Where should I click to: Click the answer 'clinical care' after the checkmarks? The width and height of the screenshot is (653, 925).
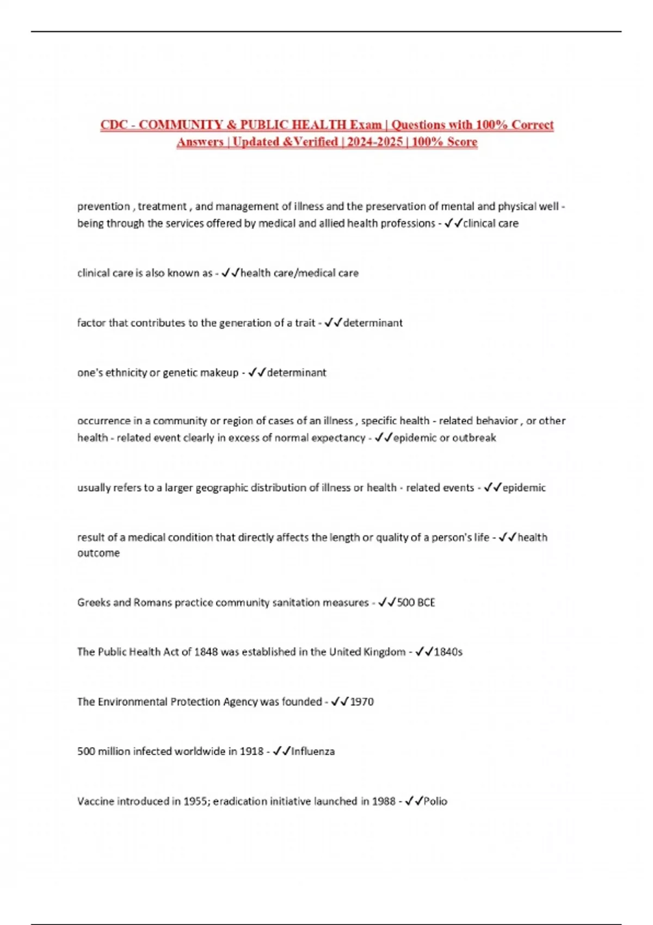(491, 223)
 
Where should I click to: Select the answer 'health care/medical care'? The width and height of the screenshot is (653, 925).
(299, 273)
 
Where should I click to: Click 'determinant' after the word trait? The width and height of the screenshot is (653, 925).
(373, 323)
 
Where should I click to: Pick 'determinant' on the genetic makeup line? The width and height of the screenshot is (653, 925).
(297, 373)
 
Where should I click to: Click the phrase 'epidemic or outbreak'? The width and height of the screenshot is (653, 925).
(445, 438)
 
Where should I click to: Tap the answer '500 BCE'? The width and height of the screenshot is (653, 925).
(416, 602)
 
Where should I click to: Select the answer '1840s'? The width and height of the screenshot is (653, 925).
(448, 652)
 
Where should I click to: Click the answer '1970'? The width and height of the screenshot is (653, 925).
(362, 702)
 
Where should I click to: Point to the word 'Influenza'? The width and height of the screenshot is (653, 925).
(313, 751)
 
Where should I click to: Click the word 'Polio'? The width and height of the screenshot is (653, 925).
(435, 801)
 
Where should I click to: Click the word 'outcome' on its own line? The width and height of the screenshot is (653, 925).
(98, 553)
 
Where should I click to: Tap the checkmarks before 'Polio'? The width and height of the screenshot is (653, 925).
(414, 801)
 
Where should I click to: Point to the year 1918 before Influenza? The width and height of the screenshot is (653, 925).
(252, 751)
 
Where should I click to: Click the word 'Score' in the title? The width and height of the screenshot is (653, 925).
(462, 142)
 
